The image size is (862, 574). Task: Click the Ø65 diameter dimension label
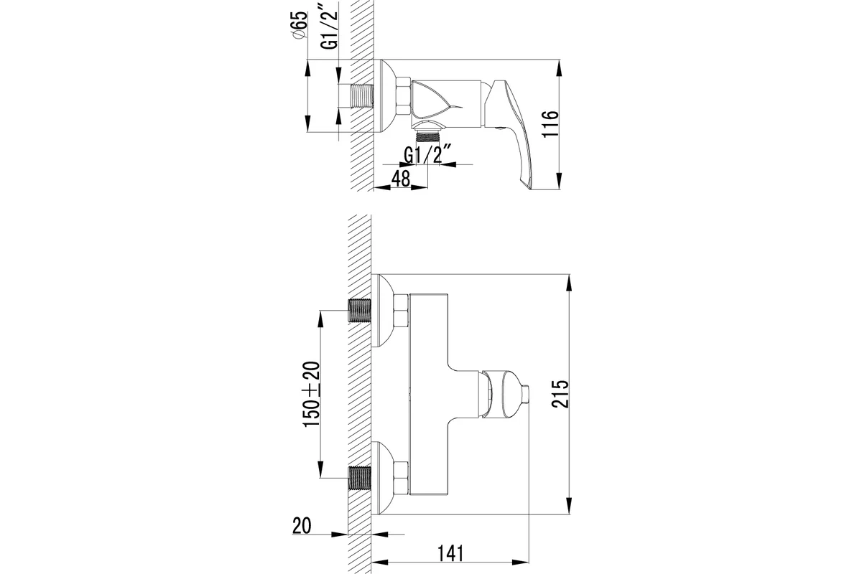[300, 25]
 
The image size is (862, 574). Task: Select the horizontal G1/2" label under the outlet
[427, 154]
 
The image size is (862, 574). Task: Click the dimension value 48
[401, 179]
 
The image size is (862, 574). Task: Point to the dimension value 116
[550, 124]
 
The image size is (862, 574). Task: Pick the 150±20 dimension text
[311, 394]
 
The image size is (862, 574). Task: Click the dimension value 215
[560, 394]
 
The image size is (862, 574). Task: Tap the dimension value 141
[451, 554]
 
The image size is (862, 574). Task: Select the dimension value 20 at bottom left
[302, 526]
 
